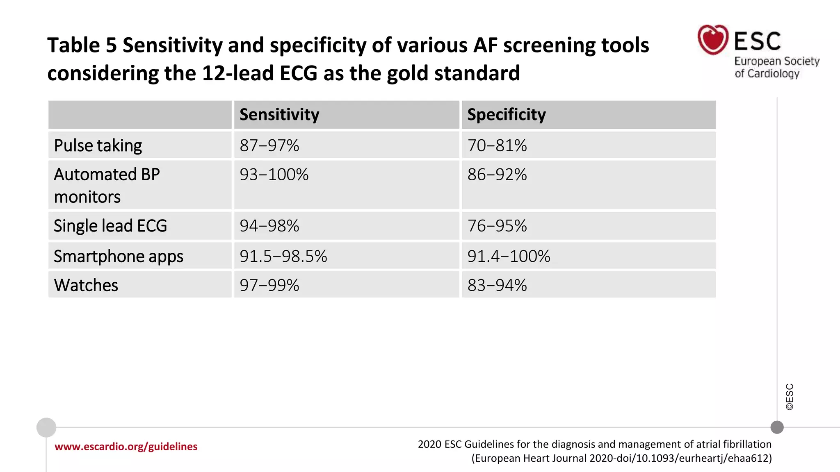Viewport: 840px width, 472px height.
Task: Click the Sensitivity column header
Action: (x=279, y=115)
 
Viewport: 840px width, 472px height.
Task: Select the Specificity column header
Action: (x=507, y=115)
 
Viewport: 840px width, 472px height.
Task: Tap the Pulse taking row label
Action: (x=98, y=145)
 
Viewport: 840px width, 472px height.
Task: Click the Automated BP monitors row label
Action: (x=107, y=185)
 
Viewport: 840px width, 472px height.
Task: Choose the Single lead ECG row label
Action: (x=110, y=226)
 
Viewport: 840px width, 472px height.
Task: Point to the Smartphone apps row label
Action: (x=119, y=256)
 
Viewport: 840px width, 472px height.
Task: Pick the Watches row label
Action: (x=86, y=285)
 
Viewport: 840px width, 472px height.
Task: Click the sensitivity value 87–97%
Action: (x=269, y=145)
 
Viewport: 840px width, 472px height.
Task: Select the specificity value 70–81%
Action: (x=497, y=145)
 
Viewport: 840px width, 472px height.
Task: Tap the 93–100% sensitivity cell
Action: (x=274, y=175)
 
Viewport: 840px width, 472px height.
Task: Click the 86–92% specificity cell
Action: (x=497, y=175)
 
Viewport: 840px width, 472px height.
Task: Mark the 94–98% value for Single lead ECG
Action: (x=269, y=226)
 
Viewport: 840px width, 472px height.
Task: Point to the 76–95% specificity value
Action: (x=497, y=226)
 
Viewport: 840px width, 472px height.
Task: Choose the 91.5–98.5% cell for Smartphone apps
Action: (x=283, y=256)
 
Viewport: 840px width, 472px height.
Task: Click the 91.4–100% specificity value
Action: (x=509, y=256)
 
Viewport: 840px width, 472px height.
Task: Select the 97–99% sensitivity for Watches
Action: (x=269, y=285)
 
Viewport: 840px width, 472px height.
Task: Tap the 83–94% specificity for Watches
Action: (x=497, y=285)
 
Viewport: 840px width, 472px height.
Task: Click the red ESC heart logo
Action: (x=713, y=40)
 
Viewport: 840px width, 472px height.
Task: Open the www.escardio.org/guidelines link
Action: (x=126, y=447)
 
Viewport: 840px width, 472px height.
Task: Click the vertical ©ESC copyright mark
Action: (x=790, y=397)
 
